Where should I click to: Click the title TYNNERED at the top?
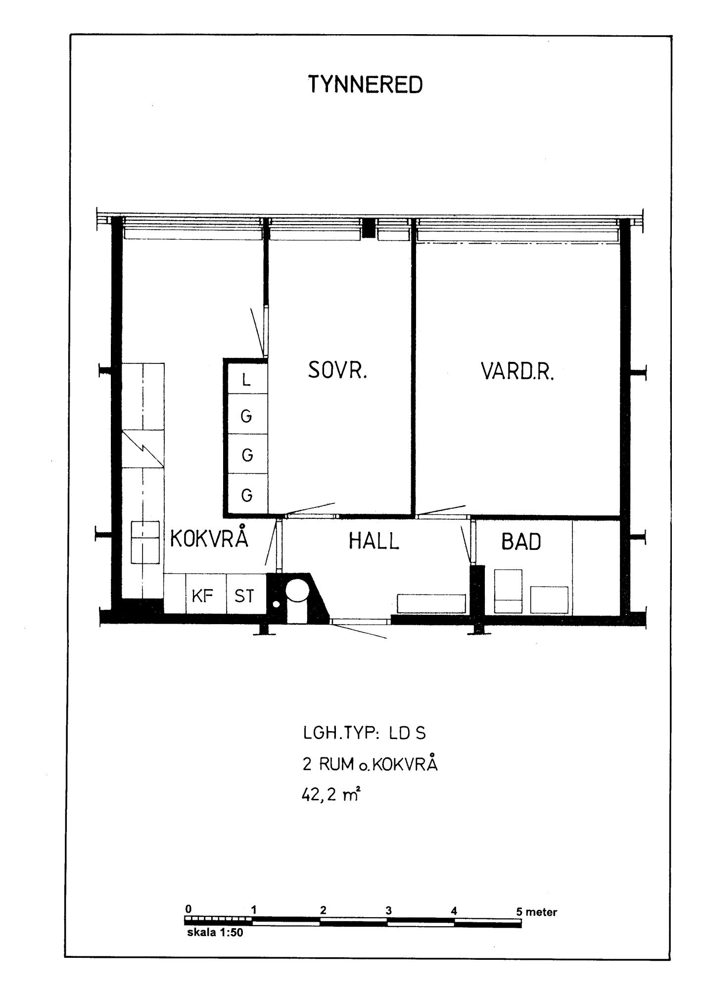coord(366,85)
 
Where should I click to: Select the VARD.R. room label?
coord(517,371)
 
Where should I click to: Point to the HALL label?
coord(374,541)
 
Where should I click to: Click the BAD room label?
coord(521,542)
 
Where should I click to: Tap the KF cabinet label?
coord(202,596)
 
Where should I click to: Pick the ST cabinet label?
coord(244,596)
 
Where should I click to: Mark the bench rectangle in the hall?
coord(431,603)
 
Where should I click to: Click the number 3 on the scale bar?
coord(389,910)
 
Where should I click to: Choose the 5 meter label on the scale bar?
coord(537,912)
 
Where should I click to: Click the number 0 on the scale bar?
coord(188,909)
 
